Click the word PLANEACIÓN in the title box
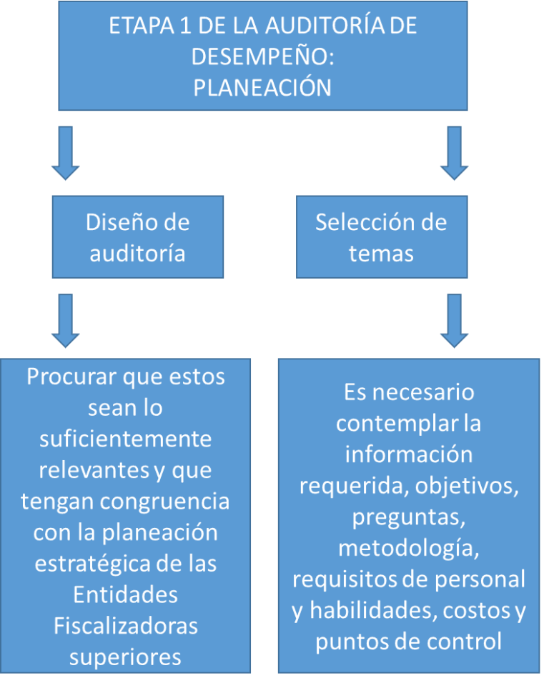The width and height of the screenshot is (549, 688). (x=262, y=87)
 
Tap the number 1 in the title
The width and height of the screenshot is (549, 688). (x=186, y=26)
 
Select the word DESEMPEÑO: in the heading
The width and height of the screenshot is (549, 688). (x=262, y=56)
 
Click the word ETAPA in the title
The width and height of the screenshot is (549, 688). (x=142, y=26)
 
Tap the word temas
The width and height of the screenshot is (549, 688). (x=381, y=254)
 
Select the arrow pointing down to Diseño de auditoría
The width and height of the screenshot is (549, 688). (x=66, y=153)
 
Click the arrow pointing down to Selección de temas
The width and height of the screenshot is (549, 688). (x=454, y=153)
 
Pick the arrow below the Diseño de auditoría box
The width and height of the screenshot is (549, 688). (x=66, y=321)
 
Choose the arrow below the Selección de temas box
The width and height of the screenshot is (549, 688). (x=454, y=321)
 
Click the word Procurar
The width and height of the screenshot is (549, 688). (x=71, y=377)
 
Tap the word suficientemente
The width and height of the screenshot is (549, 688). (x=126, y=439)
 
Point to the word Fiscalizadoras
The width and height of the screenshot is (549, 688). (x=126, y=626)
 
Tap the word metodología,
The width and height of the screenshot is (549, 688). (x=408, y=548)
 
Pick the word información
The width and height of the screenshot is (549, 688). (x=408, y=454)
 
